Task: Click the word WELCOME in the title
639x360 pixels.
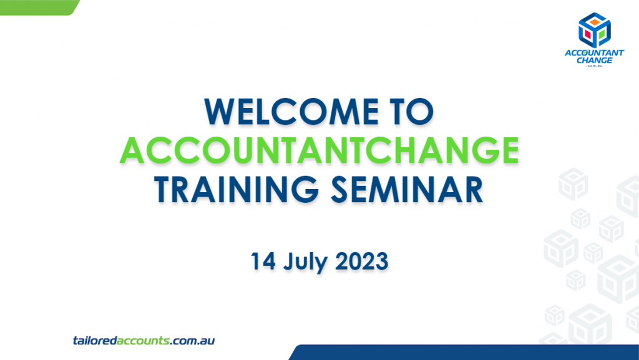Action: coord(292,112)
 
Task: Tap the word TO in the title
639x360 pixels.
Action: coord(412,112)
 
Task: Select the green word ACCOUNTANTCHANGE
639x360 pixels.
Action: coord(319,150)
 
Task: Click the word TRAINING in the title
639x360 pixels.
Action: coord(236,190)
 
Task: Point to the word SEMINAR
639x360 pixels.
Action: coord(407,190)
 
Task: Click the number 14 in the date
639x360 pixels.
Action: coord(263,261)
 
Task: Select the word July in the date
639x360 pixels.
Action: coord(305,263)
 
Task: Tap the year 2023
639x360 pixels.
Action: coord(361,261)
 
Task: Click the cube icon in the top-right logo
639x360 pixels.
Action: coord(595,30)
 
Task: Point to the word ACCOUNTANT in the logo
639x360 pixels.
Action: coord(594,52)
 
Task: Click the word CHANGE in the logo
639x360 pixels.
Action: coord(595,61)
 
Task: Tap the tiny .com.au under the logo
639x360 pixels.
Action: coord(594,66)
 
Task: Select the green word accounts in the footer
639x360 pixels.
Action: coord(143,341)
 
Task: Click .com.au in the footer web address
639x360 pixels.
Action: coord(192,341)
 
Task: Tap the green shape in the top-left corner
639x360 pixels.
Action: coord(39,7)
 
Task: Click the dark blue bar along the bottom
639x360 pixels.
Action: coord(464,353)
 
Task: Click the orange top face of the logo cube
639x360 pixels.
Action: coord(595,22)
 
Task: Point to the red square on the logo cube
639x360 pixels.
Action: coord(588,34)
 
